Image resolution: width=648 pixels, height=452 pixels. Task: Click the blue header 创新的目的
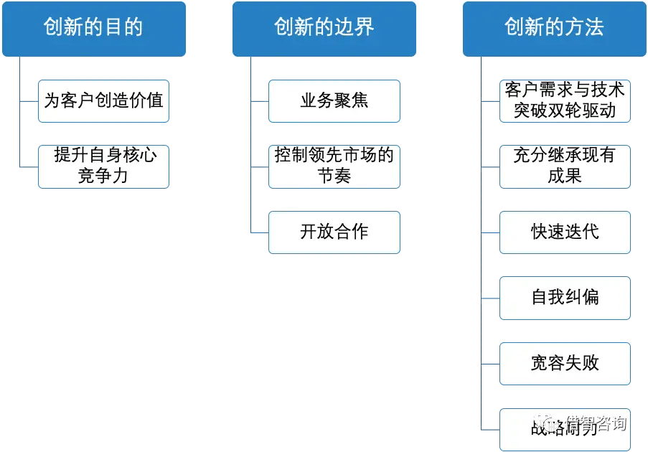(x=93, y=28)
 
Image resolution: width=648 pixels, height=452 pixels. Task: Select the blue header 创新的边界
(x=324, y=28)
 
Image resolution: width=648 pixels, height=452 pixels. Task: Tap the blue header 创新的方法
(x=554, y=28)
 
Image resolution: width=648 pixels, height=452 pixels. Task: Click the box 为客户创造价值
(x=104, y=101)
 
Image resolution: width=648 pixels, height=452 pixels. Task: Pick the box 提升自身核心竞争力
(x=104, y=166)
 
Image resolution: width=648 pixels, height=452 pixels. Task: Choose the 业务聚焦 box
(x=334, y=101)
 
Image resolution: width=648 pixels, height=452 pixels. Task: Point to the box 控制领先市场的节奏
(x=334, y=166)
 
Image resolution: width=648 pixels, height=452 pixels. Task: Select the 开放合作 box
(x=334, y=232)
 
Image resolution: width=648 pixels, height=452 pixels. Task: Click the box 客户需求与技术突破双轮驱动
(x=565, y=101)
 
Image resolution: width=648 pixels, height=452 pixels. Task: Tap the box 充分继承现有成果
(x=565, y=166)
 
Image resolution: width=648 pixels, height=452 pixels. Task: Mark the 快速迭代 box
(x=565, y=232)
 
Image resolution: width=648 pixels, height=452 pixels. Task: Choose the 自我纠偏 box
(x=565, y=297)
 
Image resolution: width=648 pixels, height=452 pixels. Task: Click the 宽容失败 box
(x=565, y=363)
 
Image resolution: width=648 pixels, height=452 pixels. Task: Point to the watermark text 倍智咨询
(x=596, y=423)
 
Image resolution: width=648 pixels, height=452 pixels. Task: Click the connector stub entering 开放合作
(x=259, y=232)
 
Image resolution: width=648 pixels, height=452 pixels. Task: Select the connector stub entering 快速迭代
(x=489, y=232)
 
